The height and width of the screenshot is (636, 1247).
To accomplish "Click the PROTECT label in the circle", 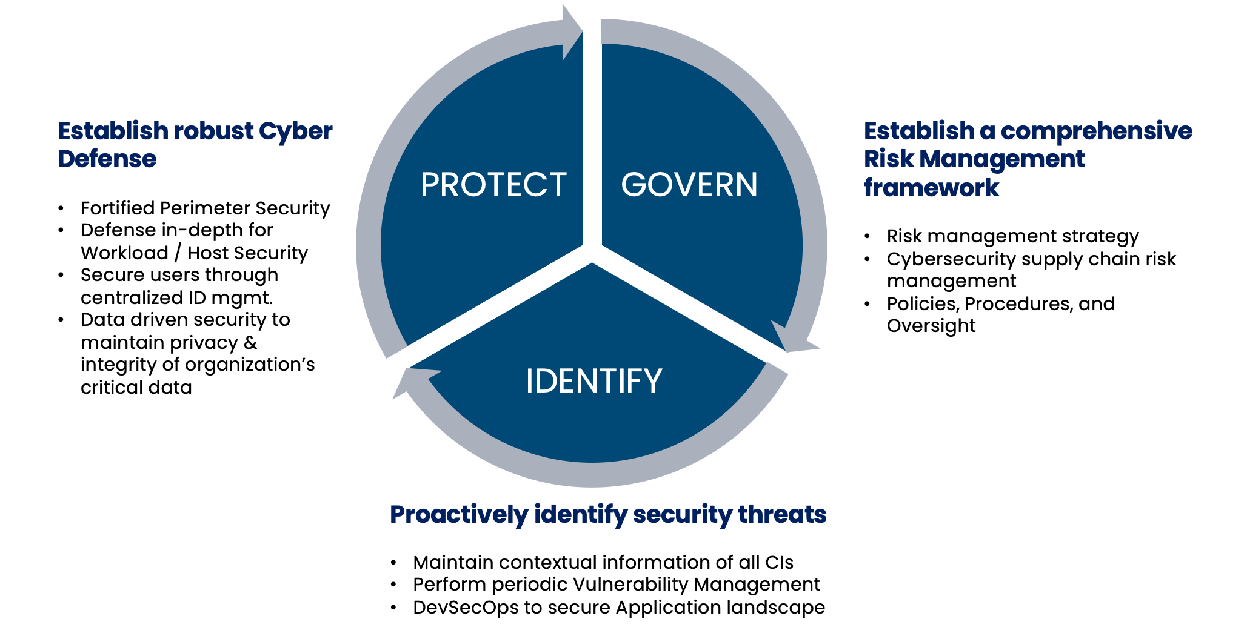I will [493, 185].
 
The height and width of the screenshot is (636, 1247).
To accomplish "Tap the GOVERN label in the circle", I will [689, 185].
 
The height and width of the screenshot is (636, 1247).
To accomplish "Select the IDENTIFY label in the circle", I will [593, 381].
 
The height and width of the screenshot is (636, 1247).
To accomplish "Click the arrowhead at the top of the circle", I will [570, 33].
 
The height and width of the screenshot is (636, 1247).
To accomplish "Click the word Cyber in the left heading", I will [295, 131].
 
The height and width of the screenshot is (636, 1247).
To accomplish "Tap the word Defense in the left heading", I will [107, 159].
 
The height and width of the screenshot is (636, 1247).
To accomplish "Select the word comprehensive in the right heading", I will [1096, 131].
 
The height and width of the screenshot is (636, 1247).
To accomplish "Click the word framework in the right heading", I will [931, 188].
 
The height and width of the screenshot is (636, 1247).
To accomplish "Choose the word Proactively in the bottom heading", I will [458, 514].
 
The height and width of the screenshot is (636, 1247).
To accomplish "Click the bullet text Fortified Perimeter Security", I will [205, 208].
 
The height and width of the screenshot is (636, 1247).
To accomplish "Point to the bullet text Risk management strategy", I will [1012, 236].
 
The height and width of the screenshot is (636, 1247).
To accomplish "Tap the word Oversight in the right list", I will [931, 326].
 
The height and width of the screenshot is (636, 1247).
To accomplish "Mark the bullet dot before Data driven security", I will [61, 320].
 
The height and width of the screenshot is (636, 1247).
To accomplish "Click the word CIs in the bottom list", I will [779, 563].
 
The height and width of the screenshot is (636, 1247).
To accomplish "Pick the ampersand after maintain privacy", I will [250, 343].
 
